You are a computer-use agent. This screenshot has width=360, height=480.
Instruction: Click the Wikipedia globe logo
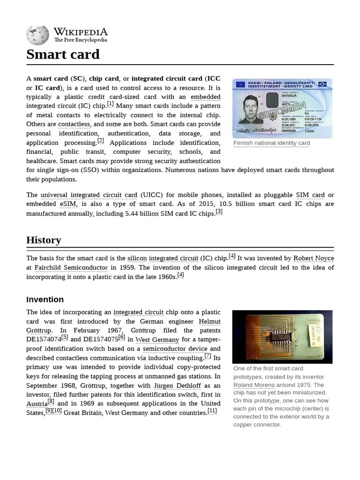coord(37,35)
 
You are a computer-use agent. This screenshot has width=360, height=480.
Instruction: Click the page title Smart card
coord(63,54)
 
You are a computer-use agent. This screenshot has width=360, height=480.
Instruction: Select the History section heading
coord(44,240)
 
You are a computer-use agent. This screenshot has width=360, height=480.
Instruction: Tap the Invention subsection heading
coord(45,300)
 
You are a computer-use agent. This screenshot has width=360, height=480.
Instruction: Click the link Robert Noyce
coord(314,258)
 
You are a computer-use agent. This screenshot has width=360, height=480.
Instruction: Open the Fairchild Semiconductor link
coord(71,268)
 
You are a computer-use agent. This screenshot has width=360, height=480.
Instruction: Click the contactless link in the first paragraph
coord(74,124)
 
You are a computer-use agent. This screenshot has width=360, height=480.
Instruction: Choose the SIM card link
coord(310,195)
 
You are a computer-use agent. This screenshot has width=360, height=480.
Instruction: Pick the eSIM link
coord(67,204)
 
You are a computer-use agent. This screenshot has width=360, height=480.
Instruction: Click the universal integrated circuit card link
coord(89,195)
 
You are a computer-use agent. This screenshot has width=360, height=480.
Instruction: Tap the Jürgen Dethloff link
coord(177,386)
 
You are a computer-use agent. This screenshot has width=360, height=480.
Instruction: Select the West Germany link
coord(157,340)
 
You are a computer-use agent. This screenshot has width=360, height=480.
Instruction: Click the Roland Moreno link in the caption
coord(254,385)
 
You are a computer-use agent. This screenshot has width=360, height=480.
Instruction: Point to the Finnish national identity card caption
coord(271,143)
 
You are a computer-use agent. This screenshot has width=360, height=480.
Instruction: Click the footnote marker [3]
coord(219,211)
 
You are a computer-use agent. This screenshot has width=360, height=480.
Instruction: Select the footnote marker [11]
coord(212,411)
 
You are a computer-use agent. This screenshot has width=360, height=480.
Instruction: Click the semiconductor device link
coord(175,349)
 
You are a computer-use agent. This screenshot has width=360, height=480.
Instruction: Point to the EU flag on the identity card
coord(240,84)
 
